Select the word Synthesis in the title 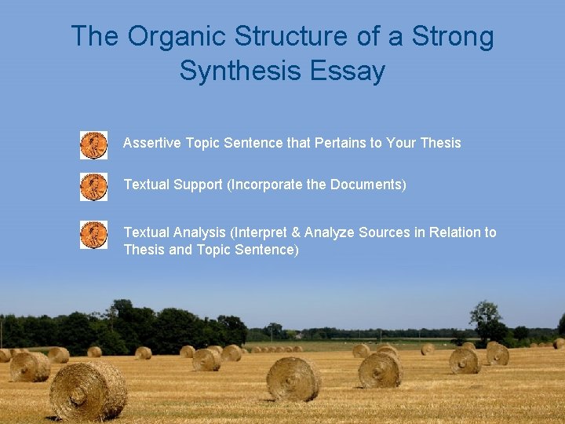click(241, 71)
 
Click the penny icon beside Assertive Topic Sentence click(93, 145)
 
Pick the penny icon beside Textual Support click(93, 187)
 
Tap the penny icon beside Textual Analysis click(93, 235)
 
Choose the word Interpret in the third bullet click(261, 232)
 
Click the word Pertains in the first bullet click(338, 143)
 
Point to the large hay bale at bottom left click(88, 390)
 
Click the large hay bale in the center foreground click(293, 378)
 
